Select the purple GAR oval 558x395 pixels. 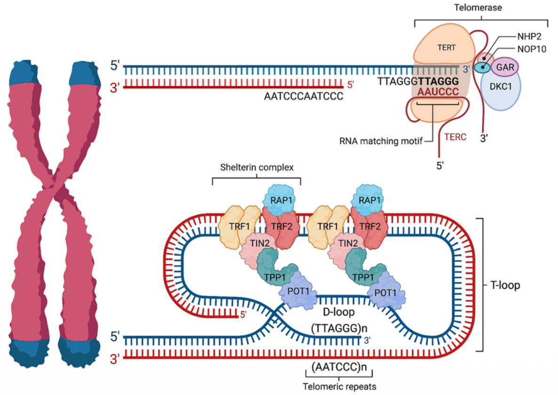tap(504, 68)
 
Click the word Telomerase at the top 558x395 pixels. tap(481, 8)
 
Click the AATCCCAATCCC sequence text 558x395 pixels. tap(303, 96)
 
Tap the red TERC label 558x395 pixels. tap(455, 137)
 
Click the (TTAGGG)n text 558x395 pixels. tap(336, 329)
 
